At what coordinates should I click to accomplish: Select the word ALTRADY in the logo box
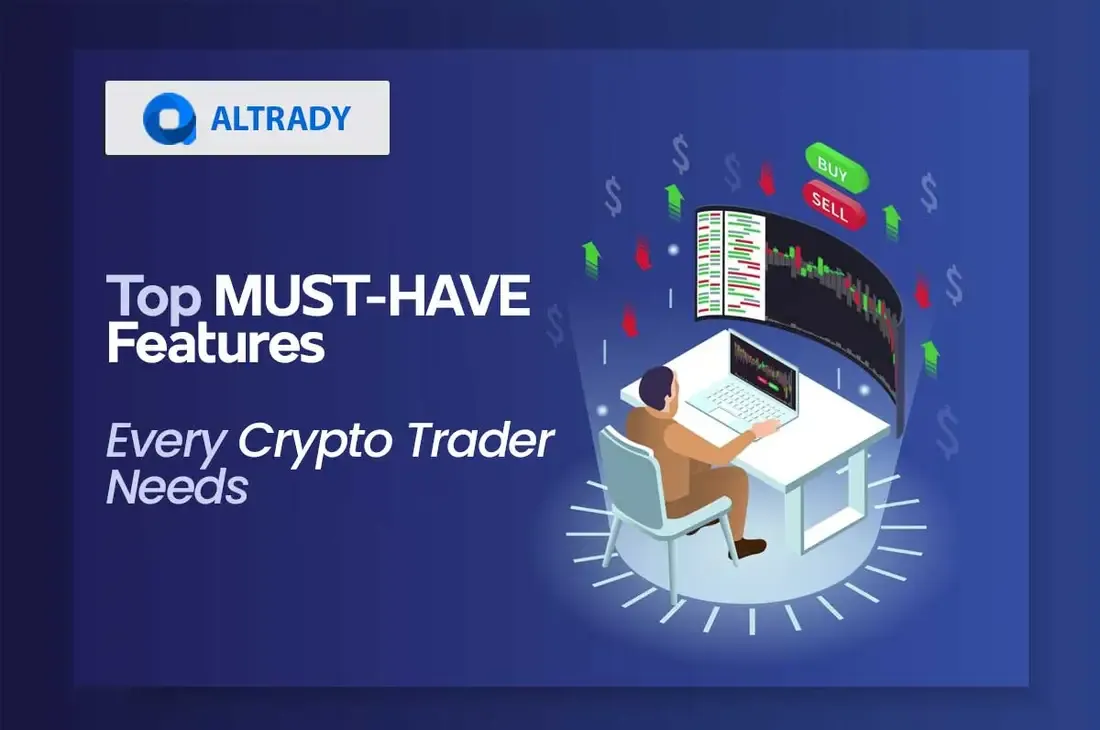280,119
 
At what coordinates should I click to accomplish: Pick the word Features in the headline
215,345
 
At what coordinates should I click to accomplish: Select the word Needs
176,487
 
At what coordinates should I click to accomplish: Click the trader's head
656,384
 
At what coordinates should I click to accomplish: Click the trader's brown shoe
750,547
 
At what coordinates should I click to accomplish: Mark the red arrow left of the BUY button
767,178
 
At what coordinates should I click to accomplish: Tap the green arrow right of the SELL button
892,217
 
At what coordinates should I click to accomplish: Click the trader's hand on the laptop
764,429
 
